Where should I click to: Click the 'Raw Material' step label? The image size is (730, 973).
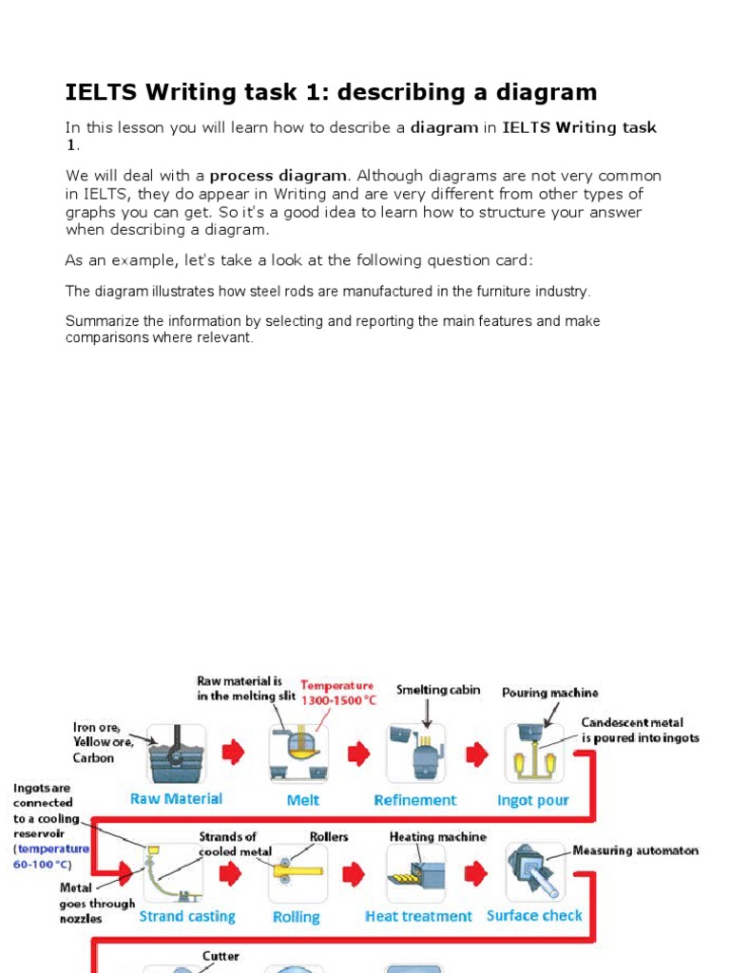click(x=176, y=799)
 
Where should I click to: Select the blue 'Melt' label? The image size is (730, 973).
click(x=302, y=800)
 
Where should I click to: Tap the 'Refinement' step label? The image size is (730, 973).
click(x=415, y=800)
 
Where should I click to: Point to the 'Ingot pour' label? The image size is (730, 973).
click(x=532, y=800)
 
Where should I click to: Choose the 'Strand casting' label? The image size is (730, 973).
click(x=187, y=917)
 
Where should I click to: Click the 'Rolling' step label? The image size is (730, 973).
click(x=296, y=918)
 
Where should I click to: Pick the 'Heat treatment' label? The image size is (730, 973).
click(x=418, y=917)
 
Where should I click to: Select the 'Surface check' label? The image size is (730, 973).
click(x=534, y=916)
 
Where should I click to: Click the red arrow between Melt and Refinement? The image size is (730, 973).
click(x=359, y=754)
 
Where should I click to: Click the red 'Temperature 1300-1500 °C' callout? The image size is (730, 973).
click(x=337, y=691)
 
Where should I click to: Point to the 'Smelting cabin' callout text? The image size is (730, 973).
click(x=438, y=690)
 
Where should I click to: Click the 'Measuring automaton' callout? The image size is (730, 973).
click(x=635, y=850)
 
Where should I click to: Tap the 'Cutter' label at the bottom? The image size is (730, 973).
click(x=221, y=956)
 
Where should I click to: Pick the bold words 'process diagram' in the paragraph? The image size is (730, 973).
click(x=279, y=176)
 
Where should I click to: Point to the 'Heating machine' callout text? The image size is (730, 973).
click(x=437, y=837)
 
